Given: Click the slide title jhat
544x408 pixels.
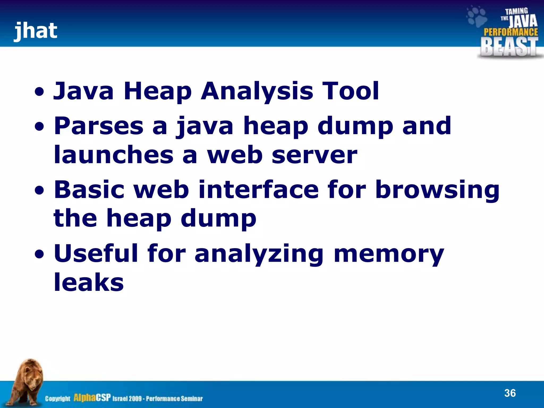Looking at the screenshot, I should point(36,31).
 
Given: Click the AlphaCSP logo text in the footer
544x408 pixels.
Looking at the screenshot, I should point(92,398).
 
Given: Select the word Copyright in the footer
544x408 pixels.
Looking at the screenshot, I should point(58,398).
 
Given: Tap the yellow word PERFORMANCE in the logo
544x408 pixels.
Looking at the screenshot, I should point(511,32).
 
